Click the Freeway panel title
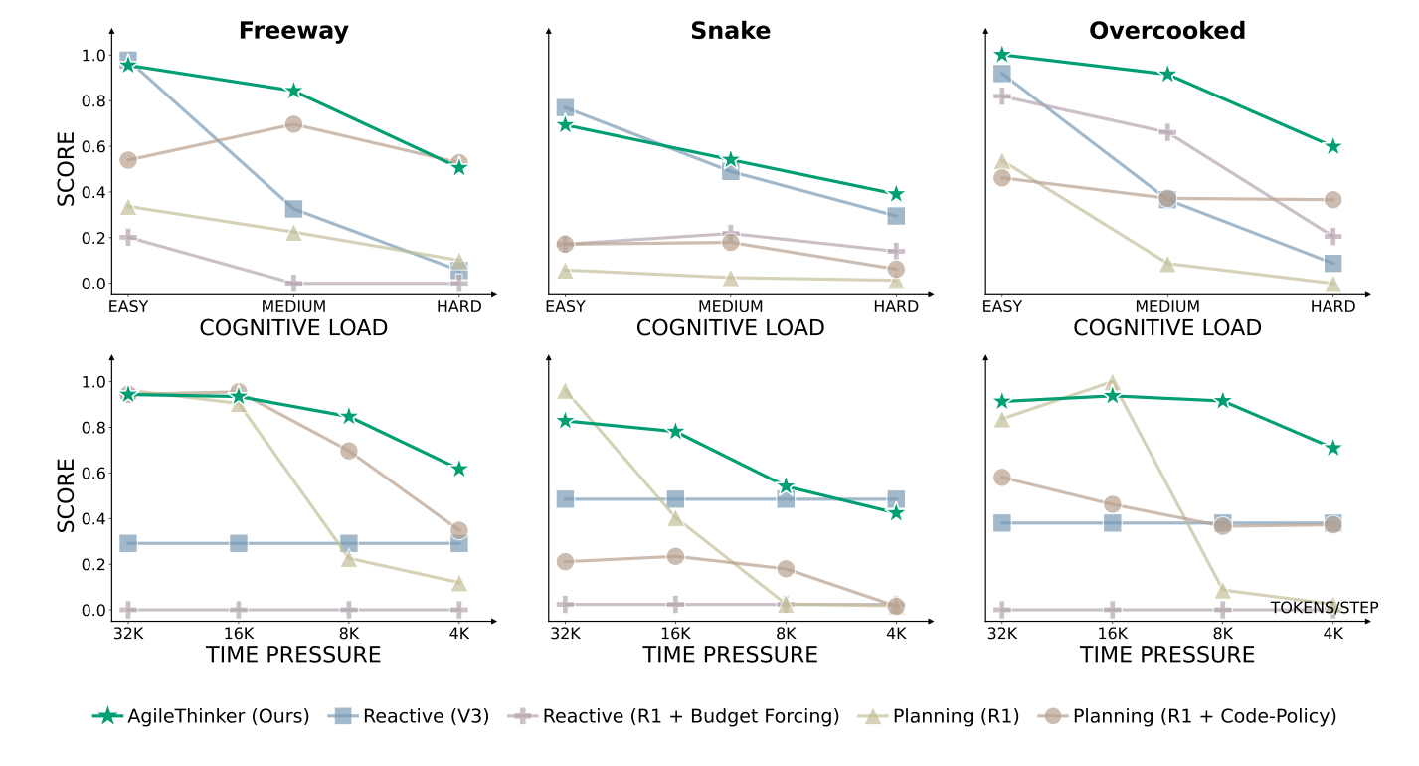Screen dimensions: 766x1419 point(293,31)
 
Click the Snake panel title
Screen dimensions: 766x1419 point(730,31)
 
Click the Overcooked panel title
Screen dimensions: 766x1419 point(1166,31)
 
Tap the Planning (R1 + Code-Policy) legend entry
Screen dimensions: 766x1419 point(1201,715)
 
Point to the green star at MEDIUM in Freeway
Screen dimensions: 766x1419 point(293,91)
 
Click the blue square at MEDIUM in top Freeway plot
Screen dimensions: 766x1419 point(293,208)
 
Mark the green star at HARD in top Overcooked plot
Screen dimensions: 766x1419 point(1332,146)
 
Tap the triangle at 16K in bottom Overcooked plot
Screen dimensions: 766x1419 point(1112,382)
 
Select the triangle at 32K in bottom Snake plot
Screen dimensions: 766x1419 point(565,391)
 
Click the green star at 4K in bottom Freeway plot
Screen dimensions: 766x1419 point(458,469)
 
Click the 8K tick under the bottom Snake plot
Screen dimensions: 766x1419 point(786,634)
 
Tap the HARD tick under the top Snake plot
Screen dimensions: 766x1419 point(895,307)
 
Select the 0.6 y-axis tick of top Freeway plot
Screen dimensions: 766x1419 point(93,146)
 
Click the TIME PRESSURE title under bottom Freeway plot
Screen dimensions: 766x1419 point(293,655)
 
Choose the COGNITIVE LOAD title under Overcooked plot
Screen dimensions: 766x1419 point(1166,328)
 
